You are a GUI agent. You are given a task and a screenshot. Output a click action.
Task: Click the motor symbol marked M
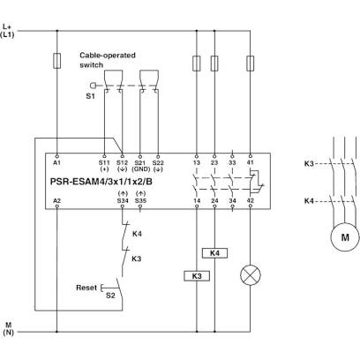tap(345, 236)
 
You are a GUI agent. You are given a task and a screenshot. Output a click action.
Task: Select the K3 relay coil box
tap(197, 276)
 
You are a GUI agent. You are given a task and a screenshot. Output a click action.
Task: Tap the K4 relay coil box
tap(214, 253)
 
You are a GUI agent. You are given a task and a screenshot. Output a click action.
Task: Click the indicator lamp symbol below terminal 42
tap(251, 275)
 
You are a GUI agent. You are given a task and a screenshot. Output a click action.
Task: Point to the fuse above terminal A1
tap(57, 61)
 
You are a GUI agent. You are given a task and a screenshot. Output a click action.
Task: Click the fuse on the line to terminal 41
tap(251, 64)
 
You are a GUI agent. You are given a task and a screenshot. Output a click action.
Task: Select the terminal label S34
tap(123, 201)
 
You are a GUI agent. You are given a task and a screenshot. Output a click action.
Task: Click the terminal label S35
tap(140, 201)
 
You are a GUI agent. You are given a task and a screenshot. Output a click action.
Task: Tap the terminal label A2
tap(57, 201)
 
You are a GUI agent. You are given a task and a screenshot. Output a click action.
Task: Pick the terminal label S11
tap(104, 162)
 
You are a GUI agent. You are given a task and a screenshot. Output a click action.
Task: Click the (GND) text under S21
tap(140, 169)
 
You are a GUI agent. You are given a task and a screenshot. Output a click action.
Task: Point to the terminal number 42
tap(251, 201)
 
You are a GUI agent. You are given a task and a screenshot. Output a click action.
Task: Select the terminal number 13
tap(197, 162)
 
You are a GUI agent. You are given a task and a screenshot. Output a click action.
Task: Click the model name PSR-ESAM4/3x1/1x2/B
tap(101, 182)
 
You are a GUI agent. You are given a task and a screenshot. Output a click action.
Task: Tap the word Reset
tap(86, 288)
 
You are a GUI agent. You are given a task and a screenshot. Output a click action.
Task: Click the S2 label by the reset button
tap(110, 296)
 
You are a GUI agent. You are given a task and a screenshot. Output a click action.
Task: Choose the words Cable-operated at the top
tap(108, 56)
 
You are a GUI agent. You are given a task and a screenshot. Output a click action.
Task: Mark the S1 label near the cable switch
tap(90, 96)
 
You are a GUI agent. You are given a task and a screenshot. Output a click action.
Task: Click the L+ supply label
tap(7, 26)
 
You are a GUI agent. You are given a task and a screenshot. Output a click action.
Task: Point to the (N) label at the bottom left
tap(9, 333)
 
